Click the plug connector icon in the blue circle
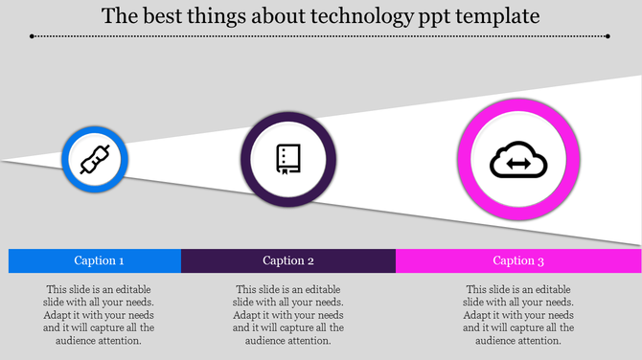(x=95, y=160)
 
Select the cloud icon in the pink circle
(x=518, y=162)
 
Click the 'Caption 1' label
(x=99, y=260)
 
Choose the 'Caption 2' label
(x=288, y=260)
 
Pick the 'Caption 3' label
(x=518, y=260)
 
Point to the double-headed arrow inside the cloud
(x=518, y=165)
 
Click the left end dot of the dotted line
(x=32, y=36)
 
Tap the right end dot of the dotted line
(x=608, y=36)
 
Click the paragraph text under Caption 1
(x=99, y=314)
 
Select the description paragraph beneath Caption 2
(x=288, y=314)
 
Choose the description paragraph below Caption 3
(x=518, y=314)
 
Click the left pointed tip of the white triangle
(x=4, y=160)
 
